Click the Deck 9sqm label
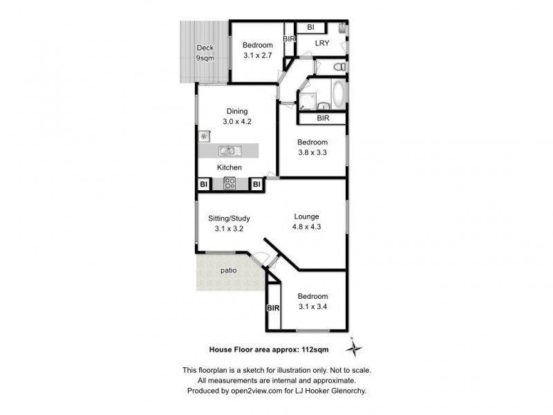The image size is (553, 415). [205, 53]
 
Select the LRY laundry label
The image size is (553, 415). [321, 44]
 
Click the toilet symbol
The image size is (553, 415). [338, 67]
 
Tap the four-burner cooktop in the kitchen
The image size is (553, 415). [229, 183]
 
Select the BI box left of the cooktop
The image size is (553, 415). [204, 185]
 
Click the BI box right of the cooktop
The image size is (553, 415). [256, 185]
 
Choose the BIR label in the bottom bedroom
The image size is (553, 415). [273, 308]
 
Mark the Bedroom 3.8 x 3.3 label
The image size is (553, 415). [312, 147]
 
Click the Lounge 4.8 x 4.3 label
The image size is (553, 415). [307, 220]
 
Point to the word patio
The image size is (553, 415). [228, 270]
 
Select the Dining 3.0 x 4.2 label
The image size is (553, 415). [236, 116]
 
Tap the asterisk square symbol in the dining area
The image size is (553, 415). [204, 136]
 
